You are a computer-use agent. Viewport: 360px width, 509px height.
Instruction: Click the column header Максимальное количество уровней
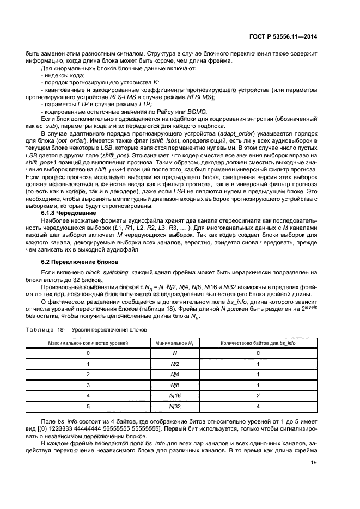tap(88, 344)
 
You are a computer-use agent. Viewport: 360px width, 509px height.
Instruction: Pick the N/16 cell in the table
tap(175, 395)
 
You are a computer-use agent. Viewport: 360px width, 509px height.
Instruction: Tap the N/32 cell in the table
tap(175, 406)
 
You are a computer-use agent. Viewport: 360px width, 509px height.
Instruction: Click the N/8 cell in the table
tap(175, 385)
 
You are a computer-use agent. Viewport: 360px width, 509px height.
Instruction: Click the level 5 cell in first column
tap(88, 406)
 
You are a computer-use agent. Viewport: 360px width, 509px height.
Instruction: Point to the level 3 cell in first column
tap(88, 385)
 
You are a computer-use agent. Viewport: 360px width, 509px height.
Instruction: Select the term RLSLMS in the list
tap(201, 97)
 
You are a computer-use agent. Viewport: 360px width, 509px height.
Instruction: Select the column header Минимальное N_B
tap(175, 344)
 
